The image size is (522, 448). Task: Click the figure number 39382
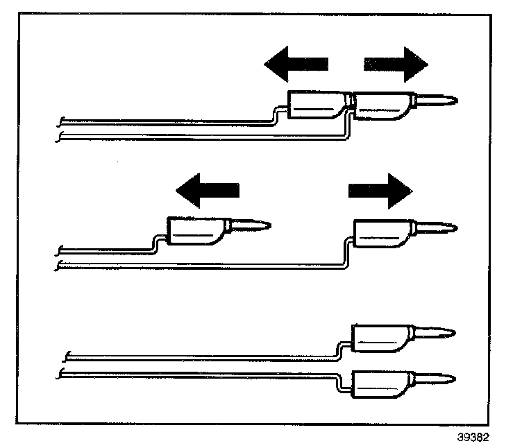(473, 438)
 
